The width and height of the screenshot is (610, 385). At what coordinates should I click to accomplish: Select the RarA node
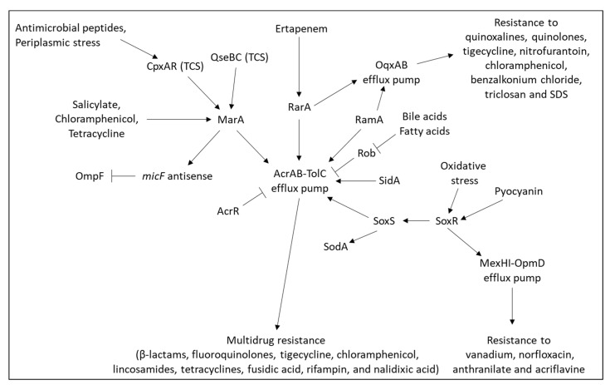[300, 106]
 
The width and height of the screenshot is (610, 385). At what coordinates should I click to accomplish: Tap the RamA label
[369, 121]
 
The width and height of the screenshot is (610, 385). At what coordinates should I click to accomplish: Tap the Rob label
[368, 153]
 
